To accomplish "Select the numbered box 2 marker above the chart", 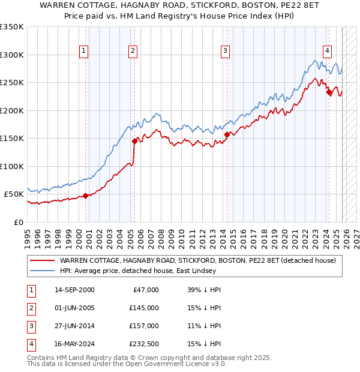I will (132, 51).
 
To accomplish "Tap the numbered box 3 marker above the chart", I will (225, 51).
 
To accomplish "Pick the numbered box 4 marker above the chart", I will (327, 51).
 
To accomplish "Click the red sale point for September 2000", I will (85, 196).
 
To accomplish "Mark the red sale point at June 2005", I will (134, 141).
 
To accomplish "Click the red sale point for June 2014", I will (227, 134).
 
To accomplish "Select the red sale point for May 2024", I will (329, 92).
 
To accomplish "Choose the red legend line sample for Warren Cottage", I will (42, 260).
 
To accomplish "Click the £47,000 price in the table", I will (145, 290).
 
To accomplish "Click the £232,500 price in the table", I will (143, 344).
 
